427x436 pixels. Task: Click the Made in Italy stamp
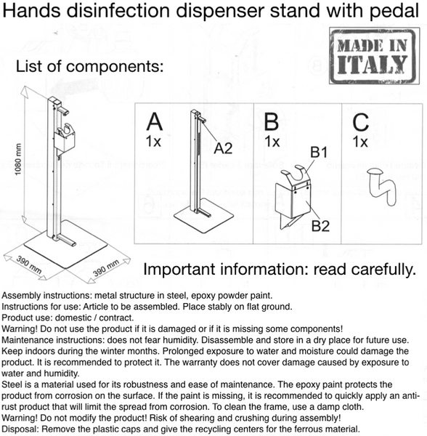pos(374,56)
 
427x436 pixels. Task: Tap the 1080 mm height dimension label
pos(17,159)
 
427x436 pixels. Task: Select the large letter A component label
pos(154,121)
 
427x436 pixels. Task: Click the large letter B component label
pos(271,121)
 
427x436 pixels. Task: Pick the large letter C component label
pos(361,122)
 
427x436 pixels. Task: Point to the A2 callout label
pos(223,148)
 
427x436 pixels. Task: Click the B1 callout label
pos(319,152)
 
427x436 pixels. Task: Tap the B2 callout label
pos(320,225)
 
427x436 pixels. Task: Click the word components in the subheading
pos(115,67)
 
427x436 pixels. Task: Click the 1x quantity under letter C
pos(360,142)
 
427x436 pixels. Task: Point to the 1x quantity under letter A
pos(153,141)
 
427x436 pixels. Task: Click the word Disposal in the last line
pos(19,429)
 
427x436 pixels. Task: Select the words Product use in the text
pos(27,318)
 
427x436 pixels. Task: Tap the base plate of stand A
pos(203,215)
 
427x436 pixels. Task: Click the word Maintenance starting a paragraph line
pos(27,340)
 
